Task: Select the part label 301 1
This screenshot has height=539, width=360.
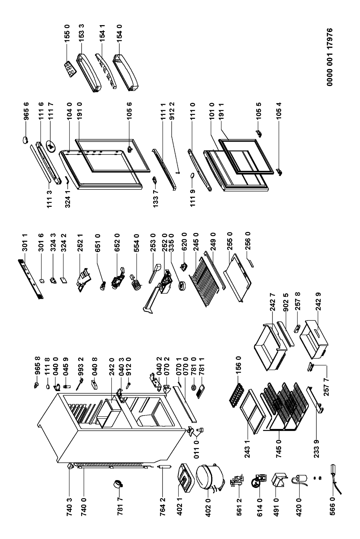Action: [26, 244]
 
